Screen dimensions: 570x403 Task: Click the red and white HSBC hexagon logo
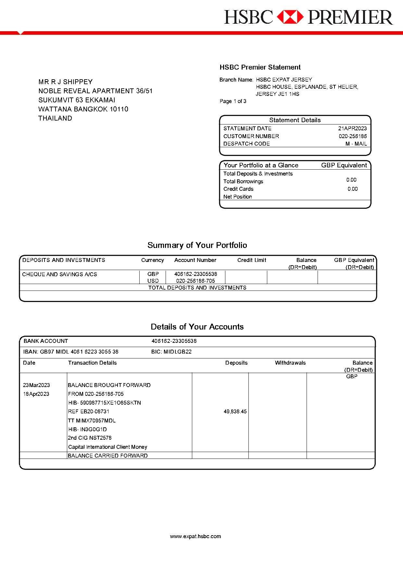[290, 17]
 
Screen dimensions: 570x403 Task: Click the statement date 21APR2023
[352, 128]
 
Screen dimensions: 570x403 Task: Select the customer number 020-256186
[353, 136]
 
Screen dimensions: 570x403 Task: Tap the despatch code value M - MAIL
[356, 144]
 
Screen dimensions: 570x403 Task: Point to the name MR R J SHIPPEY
[66, 82]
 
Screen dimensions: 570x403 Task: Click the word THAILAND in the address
[55, 118]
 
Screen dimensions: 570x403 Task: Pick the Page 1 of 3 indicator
[233, 101]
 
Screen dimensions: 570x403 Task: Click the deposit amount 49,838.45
[235, 411]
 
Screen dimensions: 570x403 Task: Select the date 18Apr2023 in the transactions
[36, 394]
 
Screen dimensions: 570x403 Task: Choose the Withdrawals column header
[290, 363]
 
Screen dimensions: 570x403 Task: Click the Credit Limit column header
[252, 260]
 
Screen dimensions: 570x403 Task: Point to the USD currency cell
[153, 281]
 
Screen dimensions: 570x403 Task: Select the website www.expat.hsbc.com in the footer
[195, 536]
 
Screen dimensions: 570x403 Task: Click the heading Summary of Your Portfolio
[197, 245]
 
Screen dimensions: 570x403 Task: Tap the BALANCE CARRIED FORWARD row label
[108, 456]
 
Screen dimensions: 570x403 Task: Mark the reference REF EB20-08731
[89, 411]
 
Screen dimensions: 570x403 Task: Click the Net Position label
[238, 197]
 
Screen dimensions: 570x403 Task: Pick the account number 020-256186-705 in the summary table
[195, 281]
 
